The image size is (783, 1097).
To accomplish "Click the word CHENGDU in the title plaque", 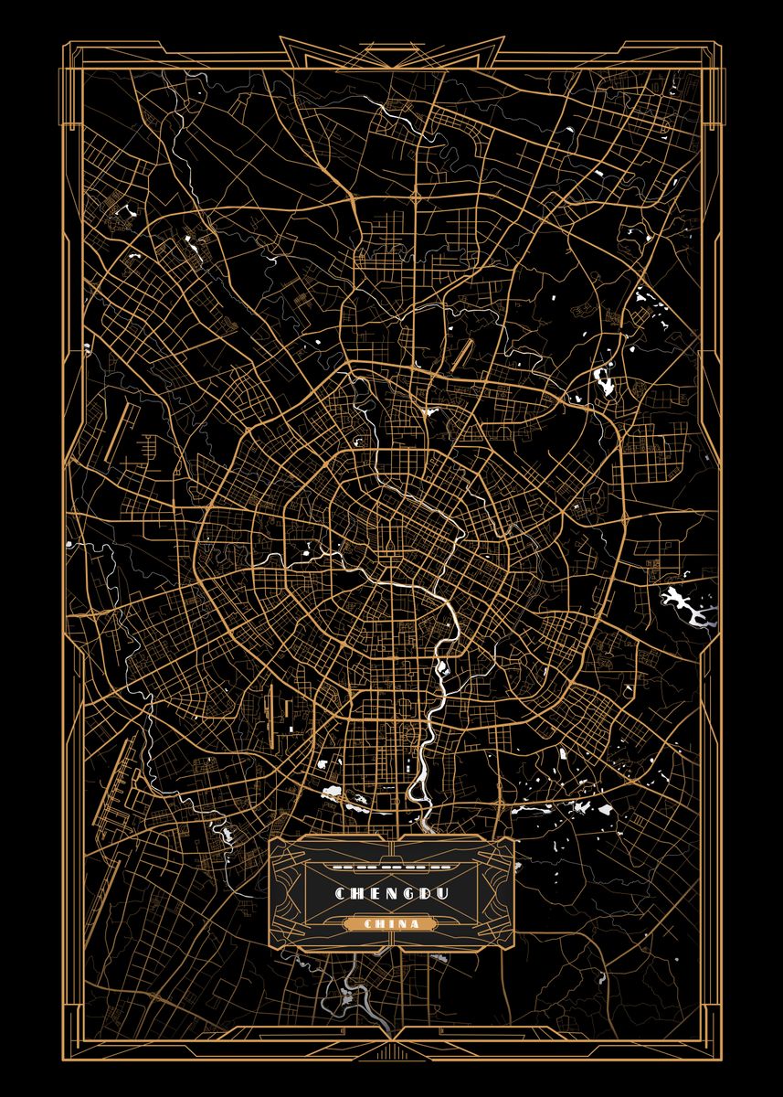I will click(391, 892).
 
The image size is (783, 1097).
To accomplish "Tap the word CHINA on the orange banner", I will click(391, 924).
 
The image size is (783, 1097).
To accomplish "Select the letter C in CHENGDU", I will click(340, 892).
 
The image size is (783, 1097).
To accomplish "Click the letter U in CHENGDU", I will click(442, 892).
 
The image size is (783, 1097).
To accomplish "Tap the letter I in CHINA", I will click(391, 924).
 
